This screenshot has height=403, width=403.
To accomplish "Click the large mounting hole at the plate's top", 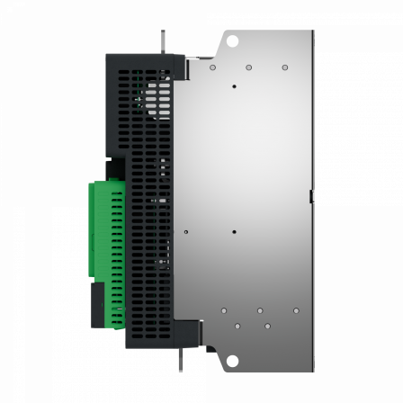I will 231,40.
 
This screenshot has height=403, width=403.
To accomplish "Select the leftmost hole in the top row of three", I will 212,67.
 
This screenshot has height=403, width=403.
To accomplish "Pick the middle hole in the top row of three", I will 248,67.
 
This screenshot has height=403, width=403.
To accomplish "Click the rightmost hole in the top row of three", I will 284,67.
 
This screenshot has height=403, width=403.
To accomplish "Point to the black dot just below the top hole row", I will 233,86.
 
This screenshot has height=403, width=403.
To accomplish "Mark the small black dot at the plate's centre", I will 233,231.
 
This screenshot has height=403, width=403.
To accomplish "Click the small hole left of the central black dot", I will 186,231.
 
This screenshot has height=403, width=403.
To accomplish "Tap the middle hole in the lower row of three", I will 259,310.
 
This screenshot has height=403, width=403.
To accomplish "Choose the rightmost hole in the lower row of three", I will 295,310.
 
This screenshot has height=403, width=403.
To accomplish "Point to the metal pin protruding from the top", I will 161,41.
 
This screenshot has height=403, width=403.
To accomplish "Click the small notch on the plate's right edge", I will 310,194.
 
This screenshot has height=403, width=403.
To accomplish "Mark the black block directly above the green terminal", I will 115,168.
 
